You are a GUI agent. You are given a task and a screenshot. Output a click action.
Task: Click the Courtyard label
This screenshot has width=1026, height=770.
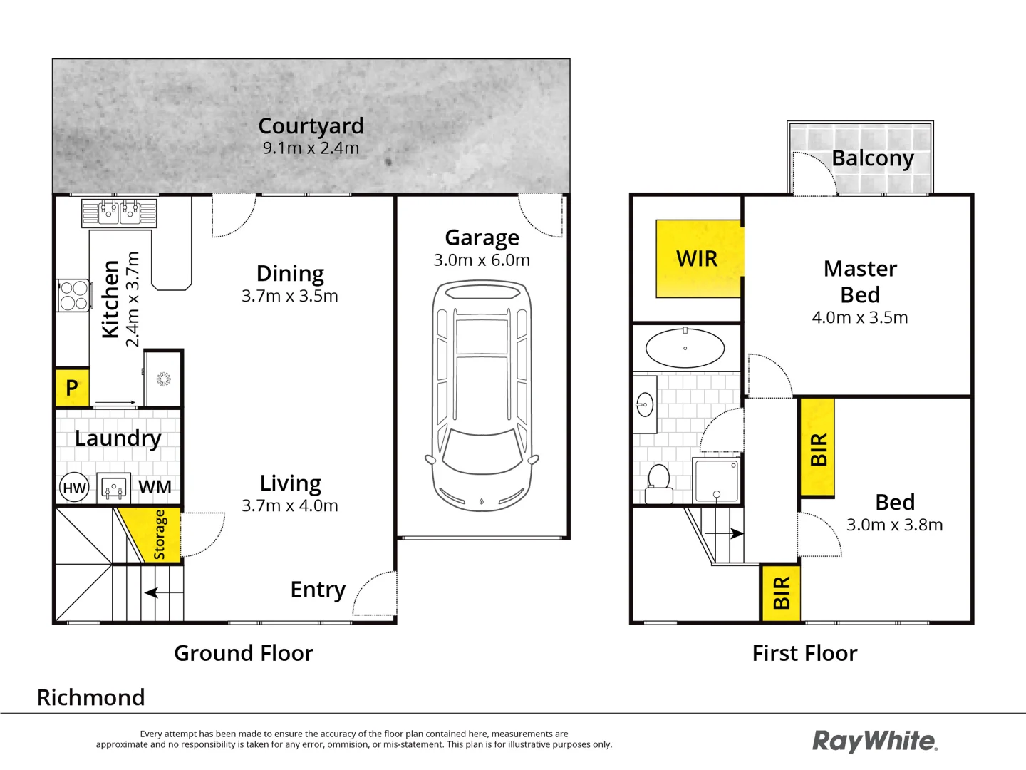coord(311,125)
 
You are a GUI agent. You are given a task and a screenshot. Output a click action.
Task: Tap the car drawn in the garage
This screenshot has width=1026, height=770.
coord(482,396)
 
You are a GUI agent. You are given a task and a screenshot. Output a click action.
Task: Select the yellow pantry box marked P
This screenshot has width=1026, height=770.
coord(72,388)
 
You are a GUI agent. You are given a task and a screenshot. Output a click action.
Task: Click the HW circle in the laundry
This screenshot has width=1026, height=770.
coord(74,488)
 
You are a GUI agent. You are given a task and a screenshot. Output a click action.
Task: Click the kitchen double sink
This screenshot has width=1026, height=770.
coord(119,212)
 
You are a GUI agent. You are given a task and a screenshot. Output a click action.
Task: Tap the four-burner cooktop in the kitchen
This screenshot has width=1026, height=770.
coord(74,295)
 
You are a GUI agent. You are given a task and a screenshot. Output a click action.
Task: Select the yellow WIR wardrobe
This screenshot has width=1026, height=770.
coord(698,259)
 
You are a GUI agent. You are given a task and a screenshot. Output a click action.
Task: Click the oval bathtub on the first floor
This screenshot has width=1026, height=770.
coord(685,349)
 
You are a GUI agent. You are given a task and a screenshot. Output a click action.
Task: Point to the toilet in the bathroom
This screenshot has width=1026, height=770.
coord(658,484)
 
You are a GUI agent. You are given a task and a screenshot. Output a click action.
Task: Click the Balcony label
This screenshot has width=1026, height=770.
coord(873,158)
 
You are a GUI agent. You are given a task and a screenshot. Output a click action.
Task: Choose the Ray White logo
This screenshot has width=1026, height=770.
coord(874,741)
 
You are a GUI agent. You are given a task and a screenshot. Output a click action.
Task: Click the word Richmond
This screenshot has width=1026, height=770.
coord(91,697)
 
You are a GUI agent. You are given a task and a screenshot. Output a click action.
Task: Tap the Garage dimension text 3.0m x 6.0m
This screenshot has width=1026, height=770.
coord(482,260)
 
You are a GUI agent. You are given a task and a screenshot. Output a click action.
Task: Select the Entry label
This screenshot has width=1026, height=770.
coord(318,590)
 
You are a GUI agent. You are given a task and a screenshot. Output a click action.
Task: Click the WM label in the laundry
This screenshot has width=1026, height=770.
coord(155,487)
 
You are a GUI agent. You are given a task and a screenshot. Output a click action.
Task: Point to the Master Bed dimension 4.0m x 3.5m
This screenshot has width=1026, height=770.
coord(860,317)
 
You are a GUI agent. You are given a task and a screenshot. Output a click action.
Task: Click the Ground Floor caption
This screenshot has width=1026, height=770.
coord(244,653)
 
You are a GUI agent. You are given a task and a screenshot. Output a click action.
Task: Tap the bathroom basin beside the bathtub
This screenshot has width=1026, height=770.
coord(645,404)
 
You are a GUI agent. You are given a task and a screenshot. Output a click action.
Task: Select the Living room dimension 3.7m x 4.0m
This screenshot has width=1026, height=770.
coord(290,505)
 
